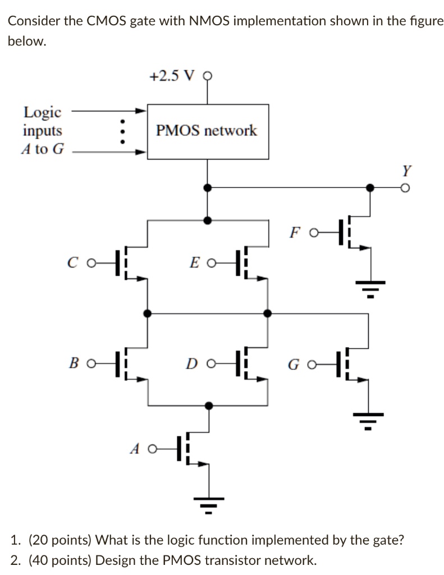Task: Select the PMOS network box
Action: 207,131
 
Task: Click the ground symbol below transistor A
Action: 209,502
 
